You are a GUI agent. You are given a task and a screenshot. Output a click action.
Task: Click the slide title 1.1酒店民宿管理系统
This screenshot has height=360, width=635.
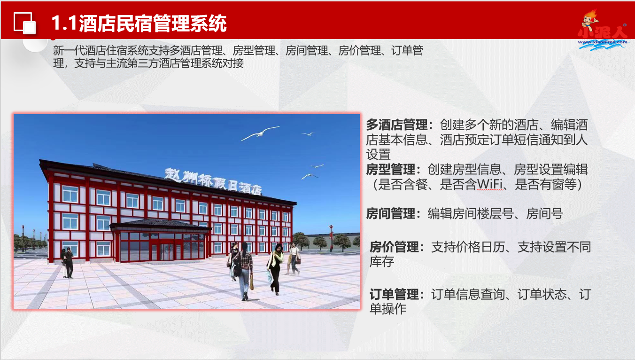pos(139,23)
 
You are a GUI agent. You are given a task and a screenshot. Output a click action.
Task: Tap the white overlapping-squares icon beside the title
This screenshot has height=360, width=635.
pos(25,23)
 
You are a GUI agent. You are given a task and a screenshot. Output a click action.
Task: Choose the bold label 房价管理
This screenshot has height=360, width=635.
pos(394,247)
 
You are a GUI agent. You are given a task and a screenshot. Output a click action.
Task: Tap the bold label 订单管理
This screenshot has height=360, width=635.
pos(394,294)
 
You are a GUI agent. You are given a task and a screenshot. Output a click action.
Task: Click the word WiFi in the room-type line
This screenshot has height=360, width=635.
pos(490,184)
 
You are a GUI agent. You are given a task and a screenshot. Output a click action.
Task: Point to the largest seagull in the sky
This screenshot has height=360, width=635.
pos(260,133)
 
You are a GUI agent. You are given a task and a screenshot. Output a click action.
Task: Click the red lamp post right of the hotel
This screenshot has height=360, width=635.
pos(331,238)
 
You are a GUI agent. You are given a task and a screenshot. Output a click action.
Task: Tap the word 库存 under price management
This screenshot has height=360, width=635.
pos(381,262)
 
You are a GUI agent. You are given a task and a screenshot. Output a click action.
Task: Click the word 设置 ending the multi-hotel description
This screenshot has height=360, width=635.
pos(378,155)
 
